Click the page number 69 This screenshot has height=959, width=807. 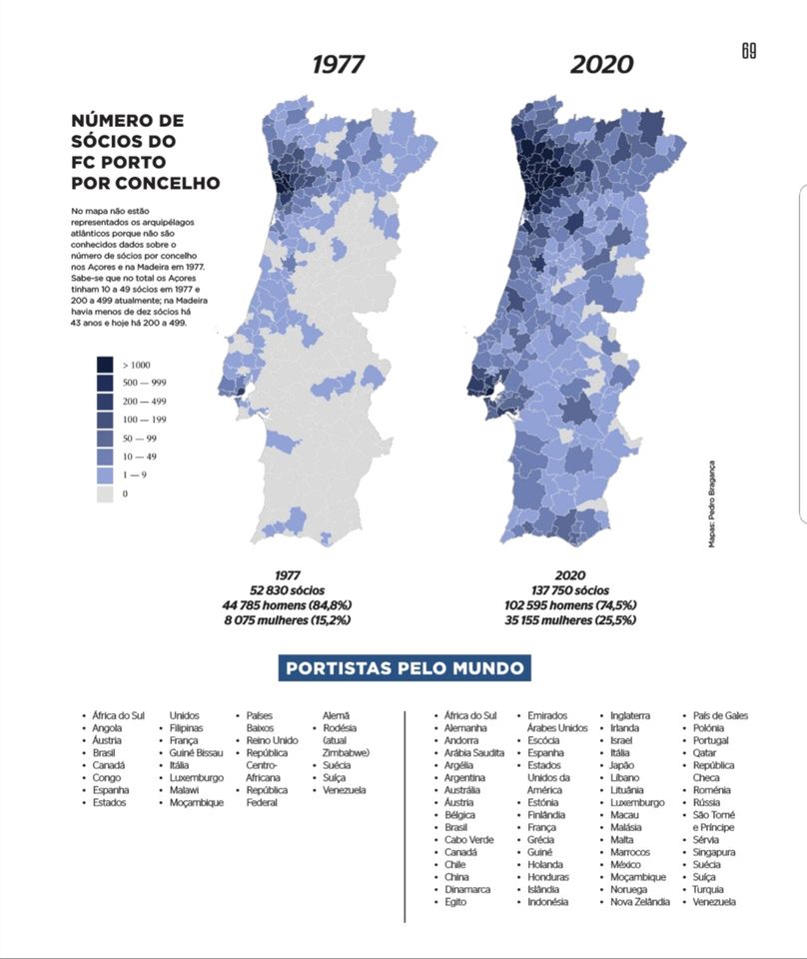[x=749, y=51]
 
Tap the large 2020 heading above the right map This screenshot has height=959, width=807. [x=601, y=64]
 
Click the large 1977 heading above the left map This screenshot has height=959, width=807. [x=339, y=64]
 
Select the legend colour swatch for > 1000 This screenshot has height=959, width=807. [x=105, y=365]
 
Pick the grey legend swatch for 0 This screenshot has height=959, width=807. [x=105, y=493]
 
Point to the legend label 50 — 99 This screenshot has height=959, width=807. [x=140, y=439]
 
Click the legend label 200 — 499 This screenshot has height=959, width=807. [x=144, y=402]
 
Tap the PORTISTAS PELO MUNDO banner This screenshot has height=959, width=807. [x=404, y=668]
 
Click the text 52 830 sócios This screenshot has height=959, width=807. [x=288, y=590]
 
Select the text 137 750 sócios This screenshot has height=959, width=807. [x=570, y=590]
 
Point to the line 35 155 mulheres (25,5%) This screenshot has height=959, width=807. [x=570, y=620]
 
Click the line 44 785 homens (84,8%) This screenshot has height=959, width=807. [x=288, y=605]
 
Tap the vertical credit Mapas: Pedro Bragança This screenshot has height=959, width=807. [x=712, y=503]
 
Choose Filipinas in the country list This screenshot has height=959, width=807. [x=186, y=728]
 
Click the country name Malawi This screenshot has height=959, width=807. [x=184, y=790]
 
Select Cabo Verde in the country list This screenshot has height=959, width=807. [x=468, y=840]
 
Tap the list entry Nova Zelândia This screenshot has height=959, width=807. [x=640, y=902]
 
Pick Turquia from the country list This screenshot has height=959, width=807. [x=708, y=889]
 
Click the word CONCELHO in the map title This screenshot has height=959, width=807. [x=168, y=183]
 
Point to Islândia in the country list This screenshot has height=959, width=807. [x=543, y=889]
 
